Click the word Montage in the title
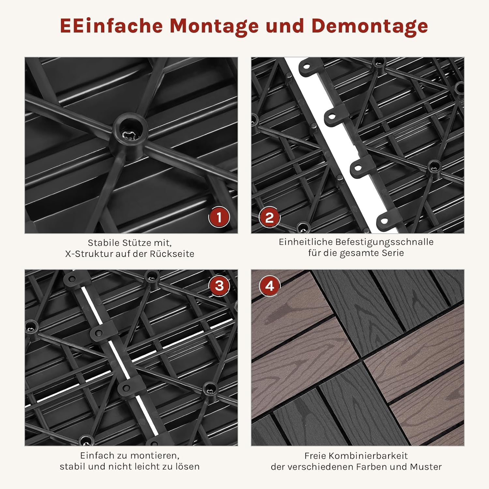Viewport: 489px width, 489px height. [x=214, y=26]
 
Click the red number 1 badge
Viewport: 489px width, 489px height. [x=219, y=217]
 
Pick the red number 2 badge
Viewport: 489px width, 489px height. [x=270, y=217]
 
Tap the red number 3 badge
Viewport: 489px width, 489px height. [x=219, y=286]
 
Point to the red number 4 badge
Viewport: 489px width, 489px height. [x=270, y=286]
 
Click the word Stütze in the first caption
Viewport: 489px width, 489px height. [x=137, y=243]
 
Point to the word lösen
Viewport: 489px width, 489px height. [x=187, y=467]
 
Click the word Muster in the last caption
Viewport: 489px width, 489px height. [x=426, y=467]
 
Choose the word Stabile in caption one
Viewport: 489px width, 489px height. [x=103, y=243]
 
